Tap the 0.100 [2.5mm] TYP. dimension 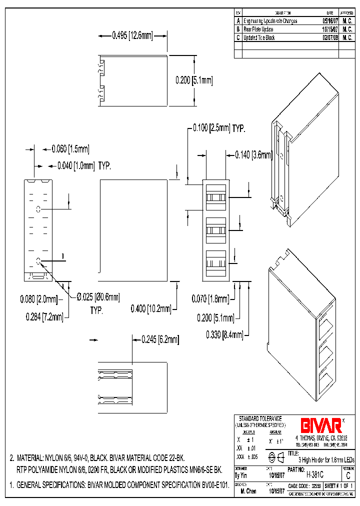click(x=219, y=128)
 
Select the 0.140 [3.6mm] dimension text click(x=254, y=155)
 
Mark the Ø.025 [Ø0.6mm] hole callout click(x=98, y=297)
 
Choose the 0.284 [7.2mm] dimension click(x=44, y=316)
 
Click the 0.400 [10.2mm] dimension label click(x=151, y=308)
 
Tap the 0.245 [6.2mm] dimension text click(x=160, y=339)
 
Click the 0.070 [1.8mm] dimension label click(x=210, y=299)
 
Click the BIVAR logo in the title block click(x=321, y=425)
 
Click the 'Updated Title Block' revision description click(x=259, y=37)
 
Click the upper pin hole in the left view click(x=38, y=208)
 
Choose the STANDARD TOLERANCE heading click(x=260, y=418)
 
